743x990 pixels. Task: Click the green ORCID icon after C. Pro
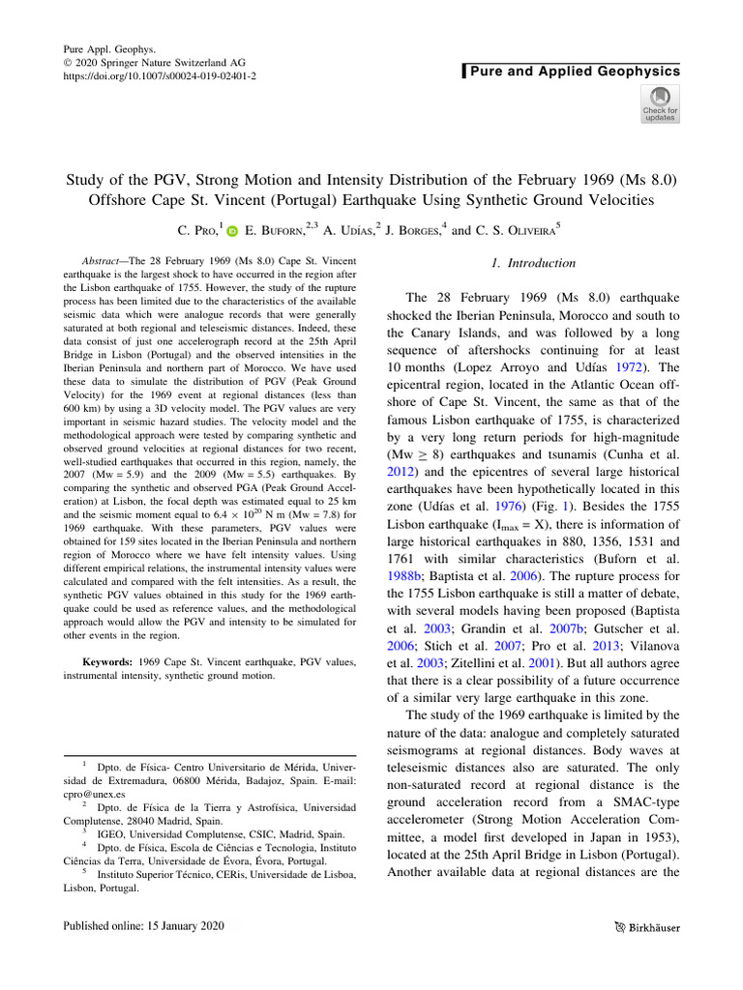click(x=232, y=231)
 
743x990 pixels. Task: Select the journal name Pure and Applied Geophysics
click(x=575, y=72)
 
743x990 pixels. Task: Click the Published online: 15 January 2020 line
click(x=143, y=926)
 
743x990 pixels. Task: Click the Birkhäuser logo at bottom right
click(x=647, y=927)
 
